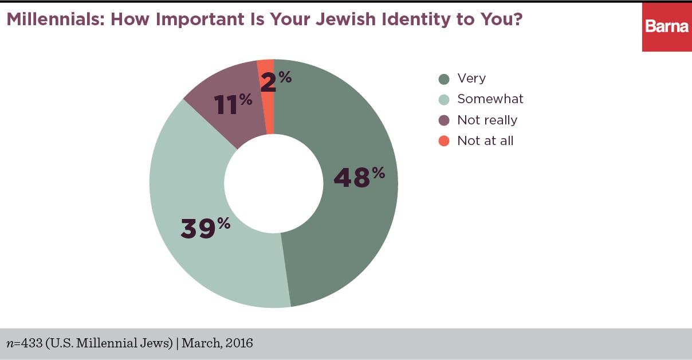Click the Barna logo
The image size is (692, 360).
666,27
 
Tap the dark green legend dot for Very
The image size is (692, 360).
444,79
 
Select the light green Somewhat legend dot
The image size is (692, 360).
444,99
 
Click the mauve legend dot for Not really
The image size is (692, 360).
444,120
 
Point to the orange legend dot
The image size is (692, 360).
444,140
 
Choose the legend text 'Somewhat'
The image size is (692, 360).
490,99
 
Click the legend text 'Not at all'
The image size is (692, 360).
485,140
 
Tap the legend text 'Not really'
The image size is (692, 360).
487,120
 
